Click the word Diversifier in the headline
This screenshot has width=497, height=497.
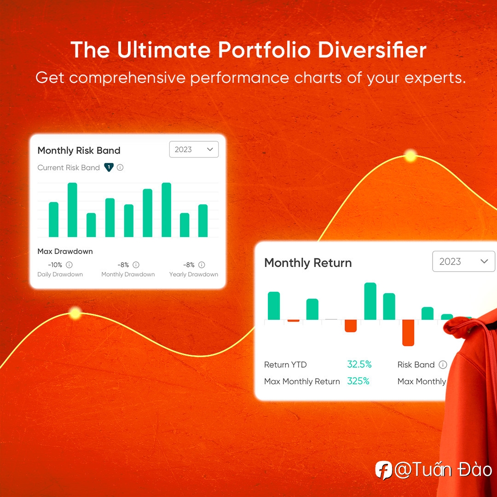pos(372,50)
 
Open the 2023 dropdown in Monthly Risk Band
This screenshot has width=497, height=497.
pos(194,149)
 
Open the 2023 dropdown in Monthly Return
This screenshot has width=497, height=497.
pos(463,261)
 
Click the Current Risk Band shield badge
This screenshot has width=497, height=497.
pos(109,167)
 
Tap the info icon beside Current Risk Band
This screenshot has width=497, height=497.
pos(120,168)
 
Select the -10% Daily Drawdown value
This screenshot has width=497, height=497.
pos(55,265)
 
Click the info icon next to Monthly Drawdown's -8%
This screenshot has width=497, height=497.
pos(136,265)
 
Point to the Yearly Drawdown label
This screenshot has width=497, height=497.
pos(194,274)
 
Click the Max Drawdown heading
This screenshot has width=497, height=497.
pos(65,251)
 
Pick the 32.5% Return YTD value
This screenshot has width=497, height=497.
pos(359,364)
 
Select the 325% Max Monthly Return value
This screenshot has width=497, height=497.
pos(358,381)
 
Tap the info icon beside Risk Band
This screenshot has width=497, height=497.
pos(443,364)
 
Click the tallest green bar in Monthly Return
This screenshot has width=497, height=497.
pos(370,301)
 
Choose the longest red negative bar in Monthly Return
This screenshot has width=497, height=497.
pos(408,333)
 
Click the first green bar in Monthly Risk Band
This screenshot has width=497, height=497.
pos(53,220)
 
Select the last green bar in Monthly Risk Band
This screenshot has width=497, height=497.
pos(203,220)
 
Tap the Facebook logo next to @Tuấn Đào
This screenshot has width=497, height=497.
pos(383,470)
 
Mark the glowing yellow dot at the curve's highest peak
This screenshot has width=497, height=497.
pos(410,156)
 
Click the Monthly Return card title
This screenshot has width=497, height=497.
pos(308,263)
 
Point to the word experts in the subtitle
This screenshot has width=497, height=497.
pos(435,78)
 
